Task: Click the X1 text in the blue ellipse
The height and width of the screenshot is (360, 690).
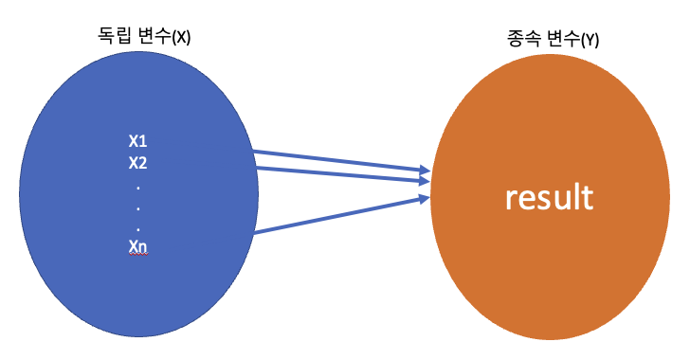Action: tap(138, 141)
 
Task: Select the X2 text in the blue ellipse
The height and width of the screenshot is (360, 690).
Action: tap(138, 162)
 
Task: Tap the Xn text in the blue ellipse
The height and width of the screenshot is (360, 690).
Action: tap(138, 247)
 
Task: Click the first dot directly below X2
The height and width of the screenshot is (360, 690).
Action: tap(138, 186)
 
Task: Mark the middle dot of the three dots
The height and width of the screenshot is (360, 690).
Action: tap(138, 207)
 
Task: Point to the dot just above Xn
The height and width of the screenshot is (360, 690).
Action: tap(138, 227)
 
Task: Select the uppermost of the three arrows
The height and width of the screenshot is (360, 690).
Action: tap(336, 160)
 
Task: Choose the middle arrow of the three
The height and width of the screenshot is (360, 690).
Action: tap(336, 172)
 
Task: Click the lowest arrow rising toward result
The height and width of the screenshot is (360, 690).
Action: tap(336, 215)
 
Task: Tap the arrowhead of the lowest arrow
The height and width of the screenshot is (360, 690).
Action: tap(423, 197)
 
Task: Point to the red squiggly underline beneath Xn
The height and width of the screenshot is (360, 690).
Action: tap(138, 256)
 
